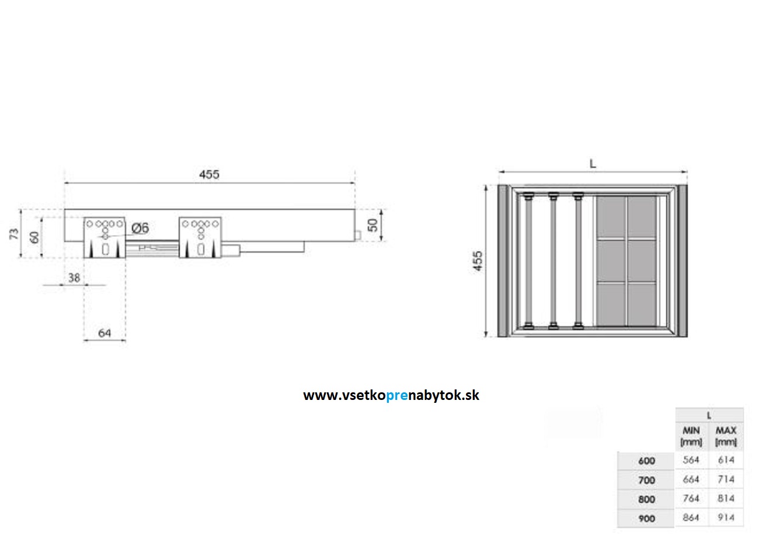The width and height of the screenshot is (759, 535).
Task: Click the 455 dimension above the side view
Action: coord(209,174)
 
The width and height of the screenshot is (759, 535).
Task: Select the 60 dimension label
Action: coord(35,237)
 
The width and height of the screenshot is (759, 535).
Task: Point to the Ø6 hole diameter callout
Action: coord(140,229)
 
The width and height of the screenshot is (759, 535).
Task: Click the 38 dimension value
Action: coord(74,278)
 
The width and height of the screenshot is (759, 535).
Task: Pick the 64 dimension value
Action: coord(105,333)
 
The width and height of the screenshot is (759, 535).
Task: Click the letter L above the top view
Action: coord(593,164)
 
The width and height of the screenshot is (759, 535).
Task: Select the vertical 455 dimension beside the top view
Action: coord(478,261)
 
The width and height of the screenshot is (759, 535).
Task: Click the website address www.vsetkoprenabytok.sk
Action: coord(391,395)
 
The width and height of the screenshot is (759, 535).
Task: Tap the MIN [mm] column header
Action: coord(691,436)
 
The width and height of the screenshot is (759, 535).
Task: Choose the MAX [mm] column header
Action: coord(726,436)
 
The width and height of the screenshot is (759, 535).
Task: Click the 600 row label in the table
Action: coord(646,461)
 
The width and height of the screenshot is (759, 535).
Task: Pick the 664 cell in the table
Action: coord(691,479)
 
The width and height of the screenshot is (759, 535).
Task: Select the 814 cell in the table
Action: coord(726,499)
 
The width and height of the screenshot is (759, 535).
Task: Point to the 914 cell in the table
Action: coord(726,518)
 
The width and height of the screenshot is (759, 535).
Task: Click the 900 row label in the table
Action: coord(646,519)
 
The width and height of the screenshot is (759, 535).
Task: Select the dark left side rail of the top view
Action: coord(504,261)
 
